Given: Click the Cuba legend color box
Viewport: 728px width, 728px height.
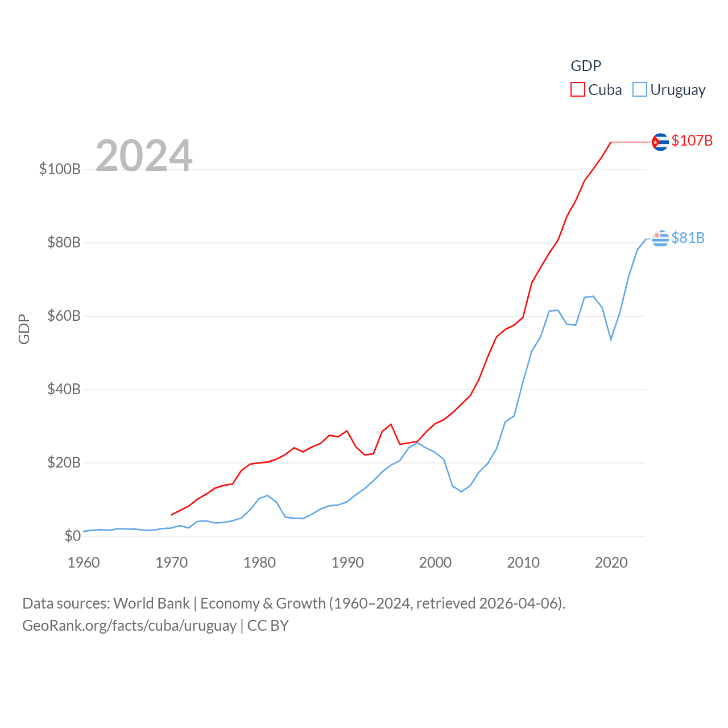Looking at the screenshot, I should pos(578,90).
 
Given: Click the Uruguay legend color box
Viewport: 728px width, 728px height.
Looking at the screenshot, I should pos(640,90).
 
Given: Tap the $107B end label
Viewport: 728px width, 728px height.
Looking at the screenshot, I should pos(692,140).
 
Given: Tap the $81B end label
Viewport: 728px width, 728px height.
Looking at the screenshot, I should pos(688,238).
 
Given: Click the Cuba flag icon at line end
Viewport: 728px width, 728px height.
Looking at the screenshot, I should pos(660,142).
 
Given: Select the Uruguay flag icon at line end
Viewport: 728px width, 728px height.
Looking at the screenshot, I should pos(660,238).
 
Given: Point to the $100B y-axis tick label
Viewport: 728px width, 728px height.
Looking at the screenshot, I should pos(60,169).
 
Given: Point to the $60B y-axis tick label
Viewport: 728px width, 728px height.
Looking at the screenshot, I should pos(64,316).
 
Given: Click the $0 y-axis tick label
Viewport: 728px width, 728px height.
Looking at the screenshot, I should pos(72,536).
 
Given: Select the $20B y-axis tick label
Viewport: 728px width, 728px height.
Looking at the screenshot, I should pos(64,462).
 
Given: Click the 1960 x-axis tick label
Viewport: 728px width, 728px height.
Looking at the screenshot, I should pos(84,562).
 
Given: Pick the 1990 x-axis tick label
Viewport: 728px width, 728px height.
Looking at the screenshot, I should pos(348,562).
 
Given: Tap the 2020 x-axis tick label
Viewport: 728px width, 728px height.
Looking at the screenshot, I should pos(611,562).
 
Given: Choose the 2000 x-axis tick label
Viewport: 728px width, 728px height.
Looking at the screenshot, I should pos(435,562).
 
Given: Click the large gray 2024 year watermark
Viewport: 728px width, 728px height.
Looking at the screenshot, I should pos(144,155).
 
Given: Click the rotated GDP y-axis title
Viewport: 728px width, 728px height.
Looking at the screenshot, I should pos(24,329).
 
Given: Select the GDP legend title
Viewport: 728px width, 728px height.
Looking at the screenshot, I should pos(586,66).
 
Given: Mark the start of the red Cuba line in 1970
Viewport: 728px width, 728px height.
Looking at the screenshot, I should pos(172,515).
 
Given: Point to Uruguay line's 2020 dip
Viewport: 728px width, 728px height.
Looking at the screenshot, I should pos(611,340).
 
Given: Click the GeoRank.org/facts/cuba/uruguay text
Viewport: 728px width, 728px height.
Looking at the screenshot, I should pos(129,626).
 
